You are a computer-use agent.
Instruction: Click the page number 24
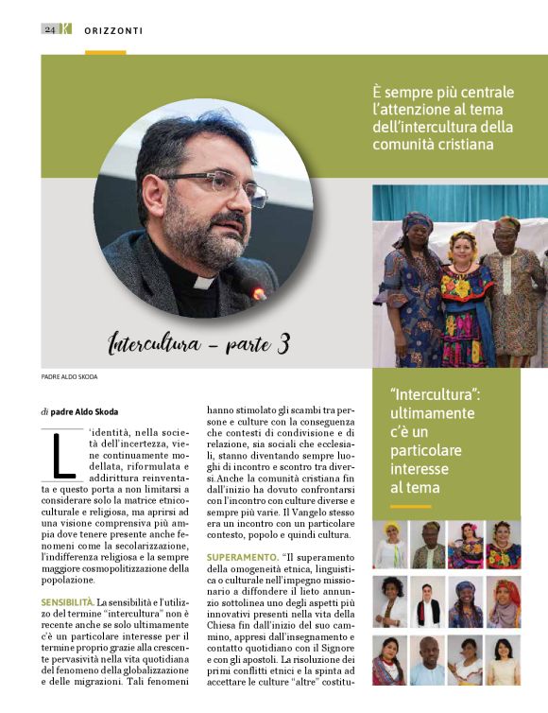point(49,28)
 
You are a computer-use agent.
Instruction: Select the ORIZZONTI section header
point(113,29)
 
